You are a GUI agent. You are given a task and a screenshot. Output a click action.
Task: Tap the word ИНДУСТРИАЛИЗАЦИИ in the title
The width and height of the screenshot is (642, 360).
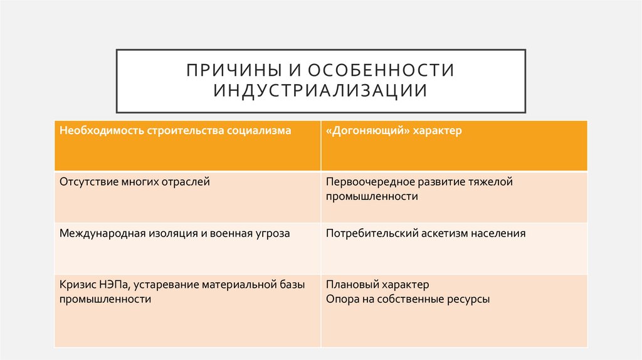tap(320, 90)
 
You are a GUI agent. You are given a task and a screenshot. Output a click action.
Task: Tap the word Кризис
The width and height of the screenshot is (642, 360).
tap(76, 285)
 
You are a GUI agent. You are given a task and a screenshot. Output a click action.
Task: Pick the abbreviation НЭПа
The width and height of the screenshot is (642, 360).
tap(113, 285)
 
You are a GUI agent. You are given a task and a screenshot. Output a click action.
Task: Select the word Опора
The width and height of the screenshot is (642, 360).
tap(341, 299)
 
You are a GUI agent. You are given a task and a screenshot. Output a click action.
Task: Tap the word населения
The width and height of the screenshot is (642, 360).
tap(497, 233)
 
